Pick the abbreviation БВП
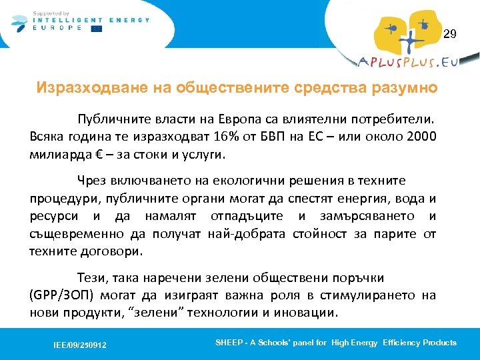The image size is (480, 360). click(251, 137)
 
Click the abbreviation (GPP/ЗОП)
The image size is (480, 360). click(61, 295)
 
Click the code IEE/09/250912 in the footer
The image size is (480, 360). click(80, 345)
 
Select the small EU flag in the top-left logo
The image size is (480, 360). click(97, 29)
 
